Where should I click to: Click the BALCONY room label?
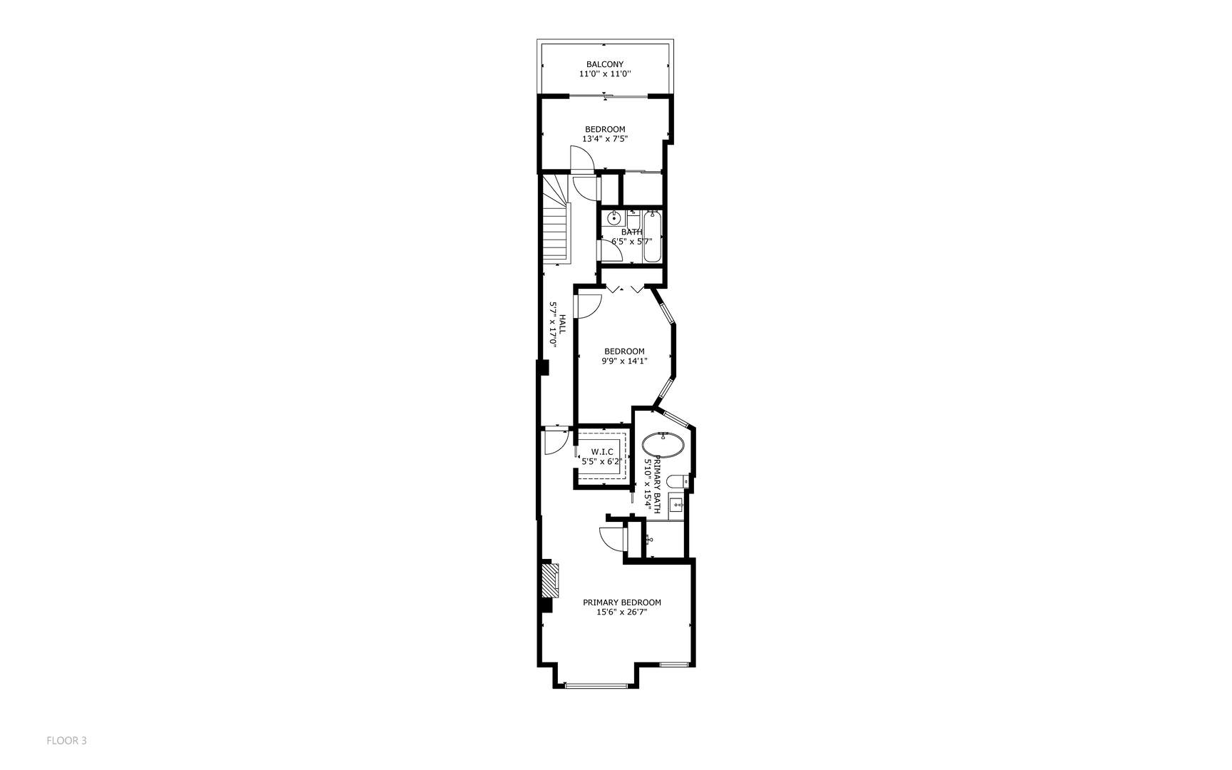[x=604, y=64]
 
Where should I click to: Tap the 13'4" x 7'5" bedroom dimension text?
[x=604, y=139]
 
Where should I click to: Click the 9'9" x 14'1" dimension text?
[x=624, y=361]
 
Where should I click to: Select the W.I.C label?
[x=602, y=451]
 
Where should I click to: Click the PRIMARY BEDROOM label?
[x=622, y=602]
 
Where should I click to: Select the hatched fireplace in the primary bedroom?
[x=549, y=580]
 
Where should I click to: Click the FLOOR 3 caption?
[x=66, y=741]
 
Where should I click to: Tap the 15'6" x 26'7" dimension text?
[x=622, y=612]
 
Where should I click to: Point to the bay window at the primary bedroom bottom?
[x=596, y=686]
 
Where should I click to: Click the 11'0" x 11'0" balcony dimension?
[x=604, y=74]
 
